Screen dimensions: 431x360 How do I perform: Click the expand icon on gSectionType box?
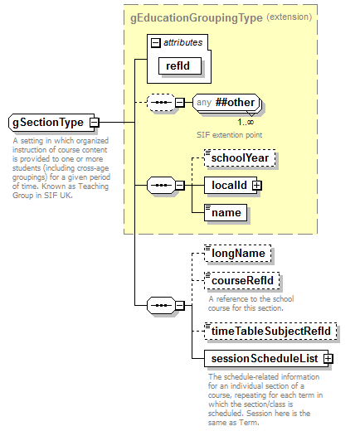click(94, 123)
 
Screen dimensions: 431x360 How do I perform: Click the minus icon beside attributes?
click(155, 41)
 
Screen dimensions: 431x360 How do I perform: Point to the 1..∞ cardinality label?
click(246, 122)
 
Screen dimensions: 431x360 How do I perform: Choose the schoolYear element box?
click(240, 156)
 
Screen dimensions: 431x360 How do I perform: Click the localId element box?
click(228, 185)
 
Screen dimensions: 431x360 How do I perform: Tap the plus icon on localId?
click(257, 185)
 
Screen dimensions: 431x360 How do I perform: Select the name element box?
click(226, 213)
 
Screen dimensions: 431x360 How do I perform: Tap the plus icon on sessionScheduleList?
click(328, 359)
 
